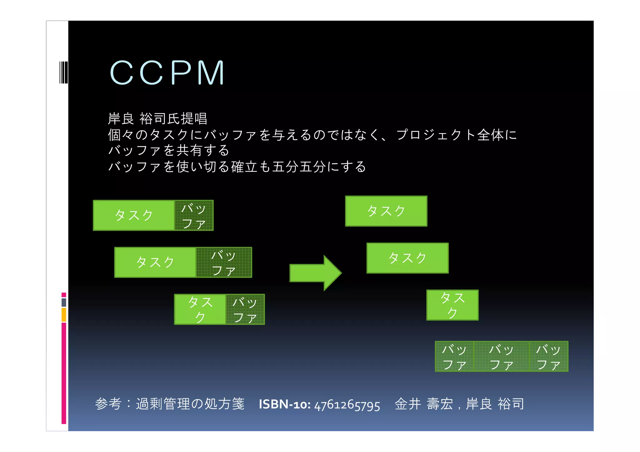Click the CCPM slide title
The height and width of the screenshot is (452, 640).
[x=167, y=73]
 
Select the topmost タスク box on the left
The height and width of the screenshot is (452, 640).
[x=134, y=216]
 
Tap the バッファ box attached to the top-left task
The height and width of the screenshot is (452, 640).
[x=194, y=216]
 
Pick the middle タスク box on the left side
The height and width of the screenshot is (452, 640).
[x=155, y=262]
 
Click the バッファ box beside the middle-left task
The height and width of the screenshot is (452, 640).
[x=224, y=262]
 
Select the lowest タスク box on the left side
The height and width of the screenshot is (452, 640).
[x=200, y=309]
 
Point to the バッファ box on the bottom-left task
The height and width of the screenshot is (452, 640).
[x=245, y=309]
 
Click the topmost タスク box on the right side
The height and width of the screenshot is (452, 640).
[x=386, y=211]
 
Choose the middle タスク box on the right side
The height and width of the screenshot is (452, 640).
[x=407, y=258]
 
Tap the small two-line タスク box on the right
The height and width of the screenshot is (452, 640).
[x=452, y=305]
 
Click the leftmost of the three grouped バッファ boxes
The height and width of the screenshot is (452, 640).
[x=454, y=356]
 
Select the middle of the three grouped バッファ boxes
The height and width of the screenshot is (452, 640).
[x=501, y=356]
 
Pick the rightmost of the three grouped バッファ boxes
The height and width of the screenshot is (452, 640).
[x=548, y=356]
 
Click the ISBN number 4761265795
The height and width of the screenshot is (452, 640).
[x=347, y=405]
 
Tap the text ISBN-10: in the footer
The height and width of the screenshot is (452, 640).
[x=284, y=405]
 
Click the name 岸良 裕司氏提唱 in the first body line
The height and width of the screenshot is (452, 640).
[x=157, y=119]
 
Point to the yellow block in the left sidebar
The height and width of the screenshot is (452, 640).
[x=64, y=315]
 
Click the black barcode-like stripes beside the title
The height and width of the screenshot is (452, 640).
[x=63, y=72]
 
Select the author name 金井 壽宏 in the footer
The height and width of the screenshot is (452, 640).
[x=424, y=404]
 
